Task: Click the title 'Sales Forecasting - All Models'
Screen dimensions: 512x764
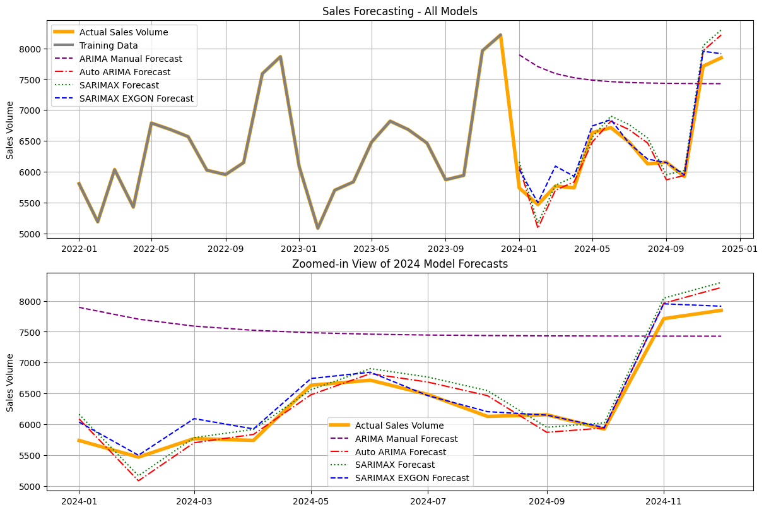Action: (x=399, y=11)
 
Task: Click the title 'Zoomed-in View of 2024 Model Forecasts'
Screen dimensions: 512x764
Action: (x=399, y=264)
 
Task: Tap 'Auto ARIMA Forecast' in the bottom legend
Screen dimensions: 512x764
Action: (x=401, y=452)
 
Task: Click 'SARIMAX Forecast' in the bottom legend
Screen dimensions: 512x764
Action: (x=395, y=465)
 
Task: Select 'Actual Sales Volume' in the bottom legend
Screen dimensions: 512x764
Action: (x=399, y=426)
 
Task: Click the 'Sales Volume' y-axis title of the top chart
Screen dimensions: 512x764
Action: (x=10, y=129)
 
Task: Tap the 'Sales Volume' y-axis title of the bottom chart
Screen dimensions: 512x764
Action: (x=10, y=383)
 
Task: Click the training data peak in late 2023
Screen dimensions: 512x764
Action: (x=500, y=35)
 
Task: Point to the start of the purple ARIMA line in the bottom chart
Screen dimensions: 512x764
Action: (x=79, y=307)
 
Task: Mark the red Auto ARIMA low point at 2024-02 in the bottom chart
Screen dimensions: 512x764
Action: (x=138, y=480)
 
